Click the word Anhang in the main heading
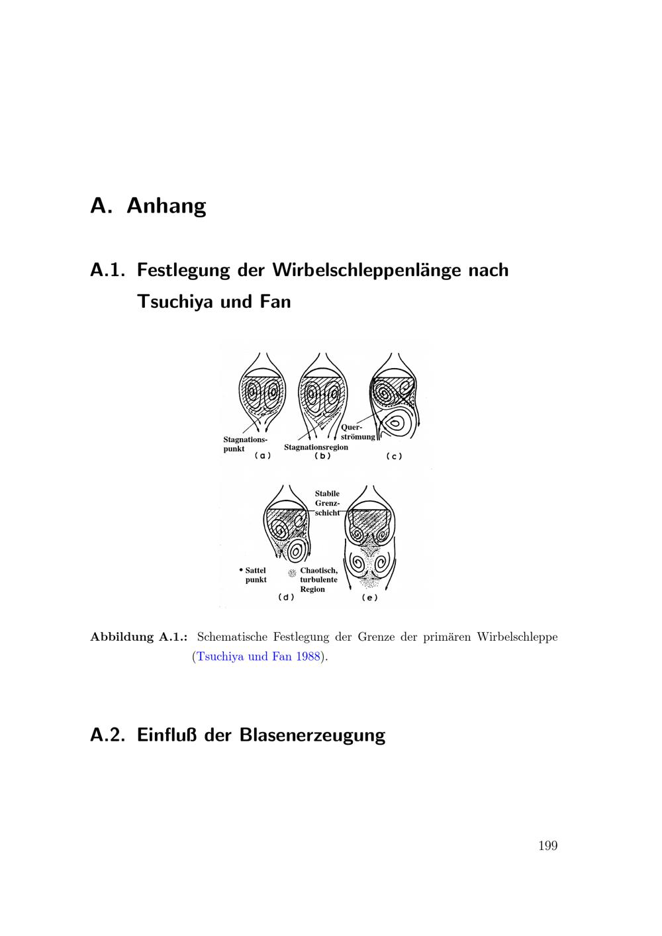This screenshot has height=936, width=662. pos(166,206)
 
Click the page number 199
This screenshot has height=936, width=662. pos(548,845)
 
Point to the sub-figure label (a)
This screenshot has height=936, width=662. pos(263,455)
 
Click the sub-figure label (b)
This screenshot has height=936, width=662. pos(322,455)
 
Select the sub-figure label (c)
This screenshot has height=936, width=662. pos(394,456)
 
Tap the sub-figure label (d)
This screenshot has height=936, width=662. pos(286,597)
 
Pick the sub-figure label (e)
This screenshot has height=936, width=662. pos(369,598)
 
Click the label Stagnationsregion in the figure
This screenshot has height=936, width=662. pos(316,447)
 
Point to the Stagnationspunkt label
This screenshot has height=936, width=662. pos(244,444)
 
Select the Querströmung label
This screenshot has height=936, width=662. pos(357,432)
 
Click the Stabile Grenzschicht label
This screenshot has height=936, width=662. pos(328,503)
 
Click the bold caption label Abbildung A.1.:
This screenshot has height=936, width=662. pos(139,637)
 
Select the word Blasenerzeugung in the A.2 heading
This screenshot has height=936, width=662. pos(312,735)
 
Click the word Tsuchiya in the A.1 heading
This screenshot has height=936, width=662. pos(177,302)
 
